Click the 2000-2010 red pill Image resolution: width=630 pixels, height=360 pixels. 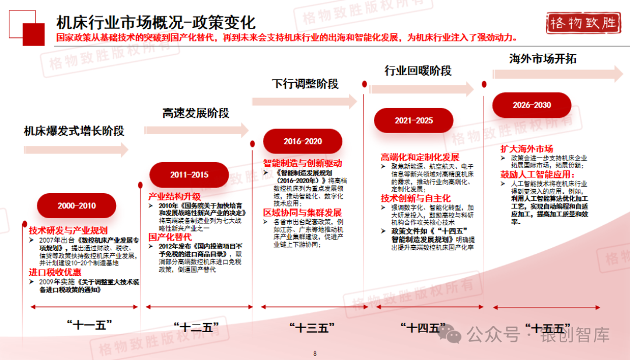coord(76,205)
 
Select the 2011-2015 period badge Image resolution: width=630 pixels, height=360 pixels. coord(189,174)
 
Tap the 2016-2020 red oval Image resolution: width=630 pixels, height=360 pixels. coord(303,141)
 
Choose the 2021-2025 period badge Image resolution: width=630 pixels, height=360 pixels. coord(414,120)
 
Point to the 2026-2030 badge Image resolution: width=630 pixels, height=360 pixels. coord(531,105)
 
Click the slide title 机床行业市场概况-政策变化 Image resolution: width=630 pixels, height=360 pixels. coord(156,23)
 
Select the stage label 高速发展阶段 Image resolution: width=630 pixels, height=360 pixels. coord(196,113)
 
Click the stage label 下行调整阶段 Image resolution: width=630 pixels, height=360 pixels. coord(305,83)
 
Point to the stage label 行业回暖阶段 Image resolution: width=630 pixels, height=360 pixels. coord(418,71)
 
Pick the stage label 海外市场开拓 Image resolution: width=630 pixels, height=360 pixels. coord(542,58)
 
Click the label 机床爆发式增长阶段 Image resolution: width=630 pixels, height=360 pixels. coord(74,131)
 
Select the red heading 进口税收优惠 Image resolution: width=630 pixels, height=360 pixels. coord(55,272)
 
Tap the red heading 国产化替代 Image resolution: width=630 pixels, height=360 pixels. coord(170,237)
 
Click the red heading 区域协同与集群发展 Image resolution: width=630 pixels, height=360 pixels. coord(302,212)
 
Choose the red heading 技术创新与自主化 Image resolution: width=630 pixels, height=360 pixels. coord(415,198)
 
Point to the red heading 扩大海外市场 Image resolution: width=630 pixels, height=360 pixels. coord(527,148)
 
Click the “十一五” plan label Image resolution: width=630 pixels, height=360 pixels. coord(89,325)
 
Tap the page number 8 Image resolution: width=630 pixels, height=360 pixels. coord(315,353)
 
